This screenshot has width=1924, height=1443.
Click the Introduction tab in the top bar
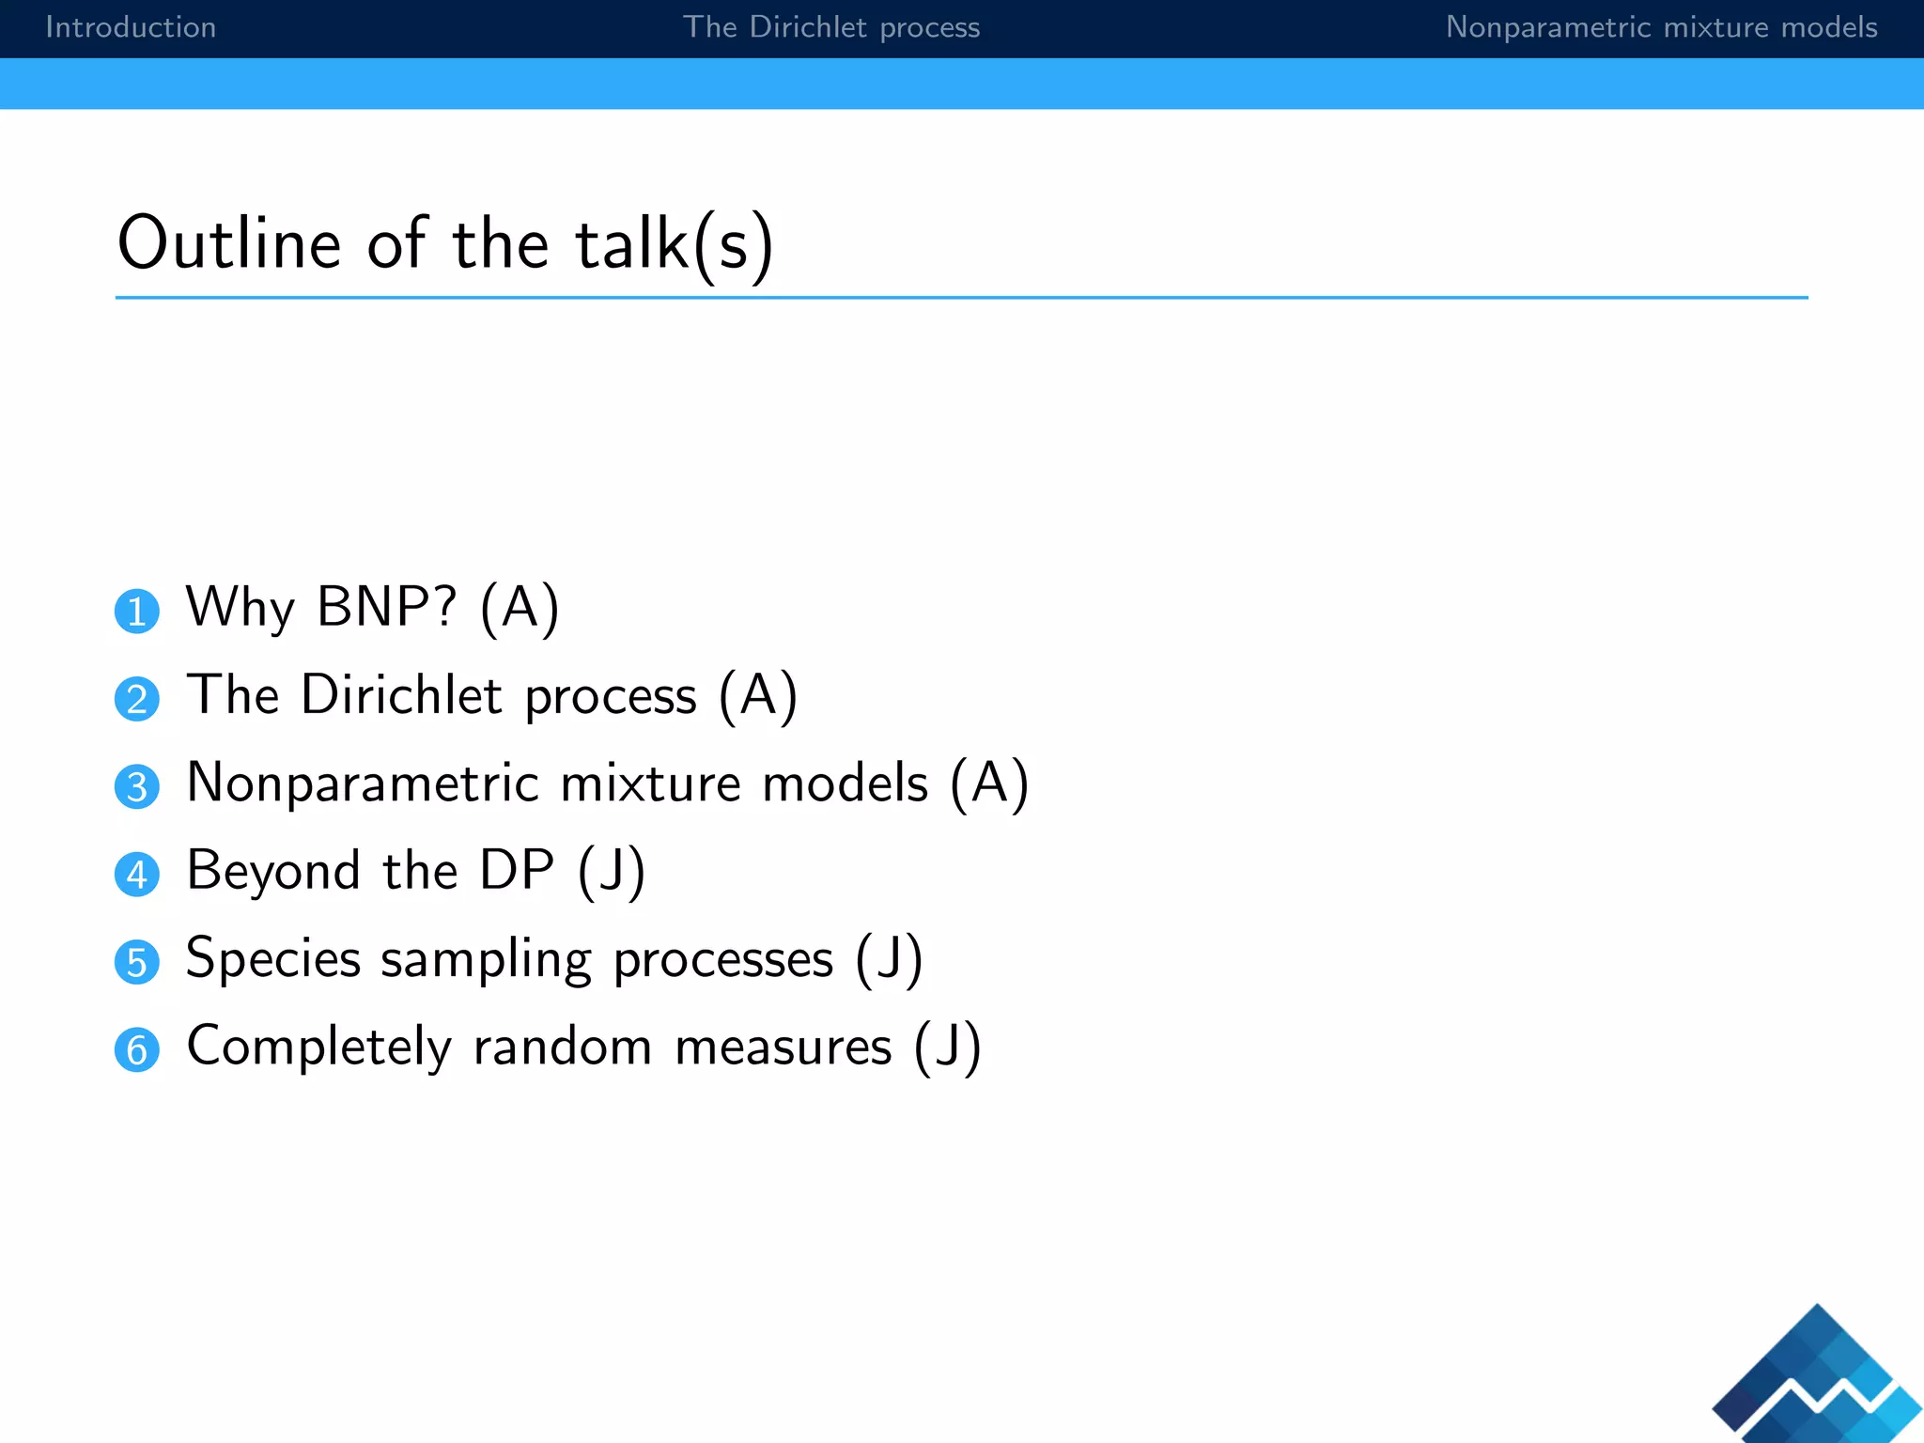(131, 27)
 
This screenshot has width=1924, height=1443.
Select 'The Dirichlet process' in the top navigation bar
(831, 27)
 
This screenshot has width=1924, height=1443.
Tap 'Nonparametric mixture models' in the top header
(1661, 27)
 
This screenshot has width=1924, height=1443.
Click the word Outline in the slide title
(228, 243)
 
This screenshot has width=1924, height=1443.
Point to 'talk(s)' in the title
(674, 243)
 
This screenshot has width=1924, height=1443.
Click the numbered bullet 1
(137, 612)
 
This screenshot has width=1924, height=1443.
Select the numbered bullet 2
(137, 700)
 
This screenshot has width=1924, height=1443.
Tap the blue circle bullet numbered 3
(137, 787)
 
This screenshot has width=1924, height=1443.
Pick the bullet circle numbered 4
(137, 875)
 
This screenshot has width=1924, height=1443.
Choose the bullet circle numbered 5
(137, 963)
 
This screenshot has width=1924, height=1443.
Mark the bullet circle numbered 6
(137, 1050)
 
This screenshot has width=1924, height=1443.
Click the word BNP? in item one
(387, 607)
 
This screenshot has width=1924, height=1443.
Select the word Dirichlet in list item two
(401, 695)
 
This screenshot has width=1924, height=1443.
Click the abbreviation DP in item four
(516, 870)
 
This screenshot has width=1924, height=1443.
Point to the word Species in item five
(273, 958)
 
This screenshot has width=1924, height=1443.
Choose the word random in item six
(562, 1046)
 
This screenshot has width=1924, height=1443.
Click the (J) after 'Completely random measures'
(947, 1046)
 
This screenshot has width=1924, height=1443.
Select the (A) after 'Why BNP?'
(520, 607)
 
